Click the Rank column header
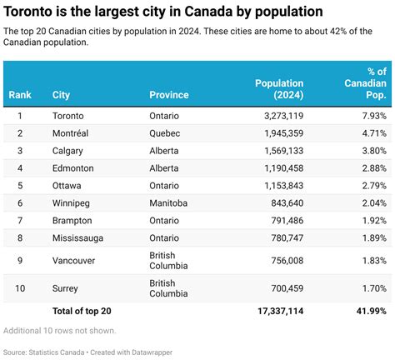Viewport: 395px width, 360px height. [20, 95]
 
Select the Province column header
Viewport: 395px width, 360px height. [169, 95]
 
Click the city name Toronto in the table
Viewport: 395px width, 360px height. [67, 115]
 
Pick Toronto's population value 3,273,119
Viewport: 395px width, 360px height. [277, 115]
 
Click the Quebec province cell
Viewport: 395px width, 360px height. [164, 132]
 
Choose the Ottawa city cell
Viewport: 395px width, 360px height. [66, 185]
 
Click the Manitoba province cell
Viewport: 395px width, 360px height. [168, 202]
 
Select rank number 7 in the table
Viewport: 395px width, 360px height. [20, 220]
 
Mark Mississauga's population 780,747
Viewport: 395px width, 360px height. [282, 237]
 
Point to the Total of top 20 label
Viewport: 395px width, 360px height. [81, 310]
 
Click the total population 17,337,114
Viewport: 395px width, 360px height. [276, 310]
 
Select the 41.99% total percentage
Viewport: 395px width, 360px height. [368, 310]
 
